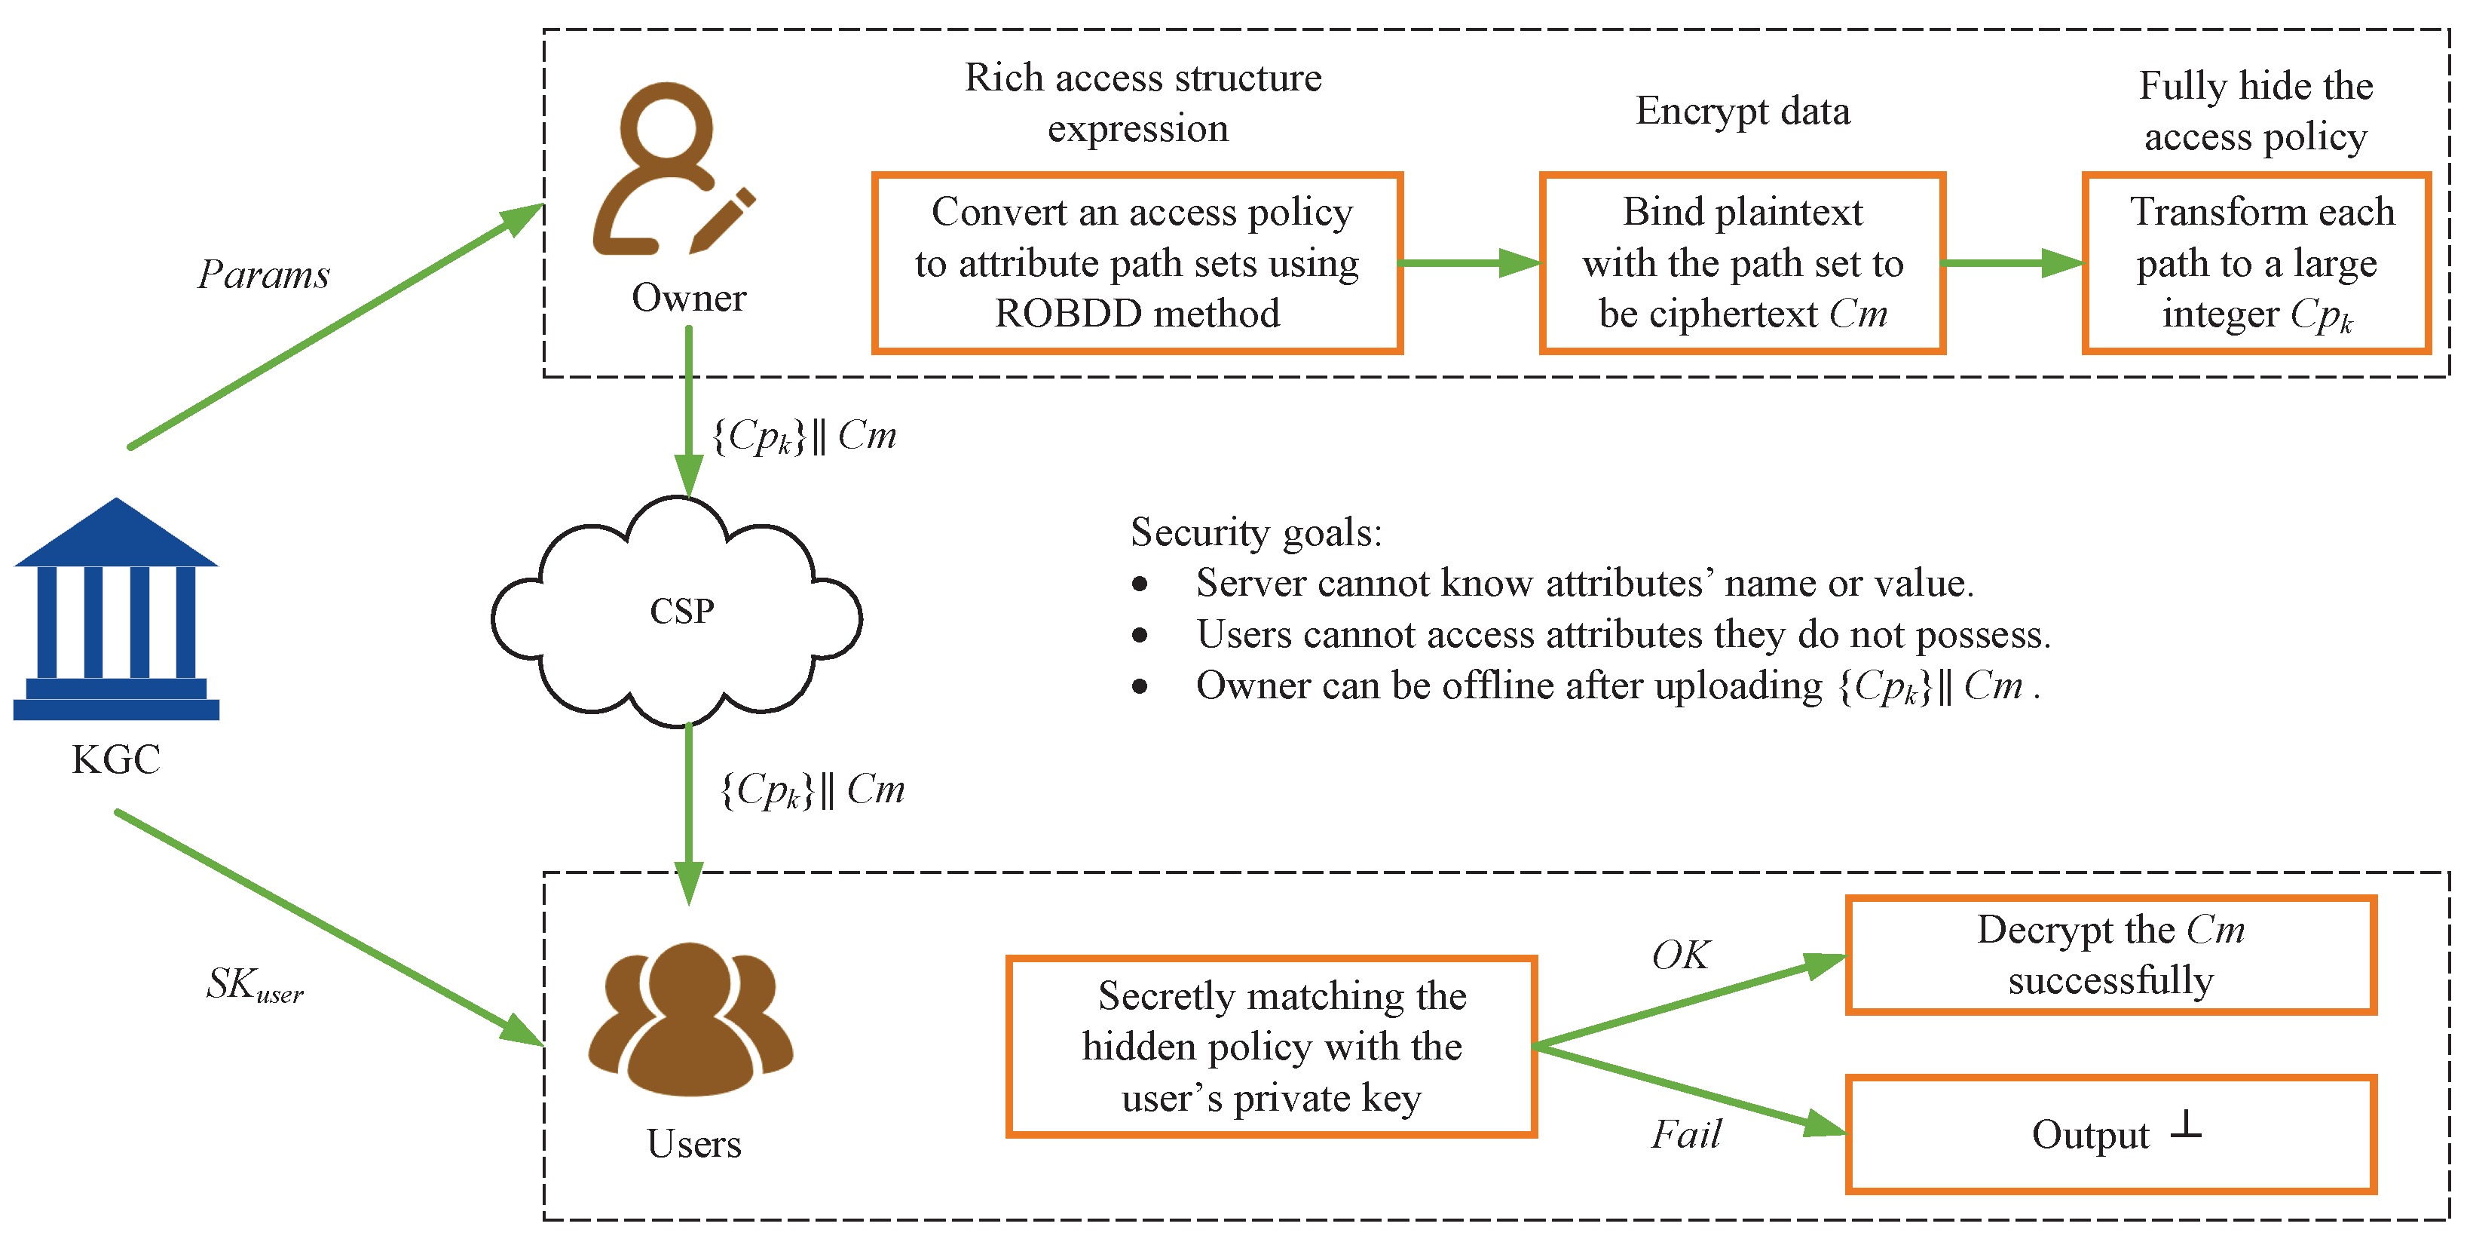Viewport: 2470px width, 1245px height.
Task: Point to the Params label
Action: tap(264, 275)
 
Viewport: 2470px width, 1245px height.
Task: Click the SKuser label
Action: tap(254, 985)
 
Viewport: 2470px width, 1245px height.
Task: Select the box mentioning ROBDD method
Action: tap(1137, 263)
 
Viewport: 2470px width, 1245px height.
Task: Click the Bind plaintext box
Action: tap(1742, 263)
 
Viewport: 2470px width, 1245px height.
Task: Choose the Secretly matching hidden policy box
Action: tap(1272, 1047)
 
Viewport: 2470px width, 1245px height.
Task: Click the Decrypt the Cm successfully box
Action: tap(2110, 955)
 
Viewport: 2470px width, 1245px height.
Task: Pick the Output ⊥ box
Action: tap(2110, 1135)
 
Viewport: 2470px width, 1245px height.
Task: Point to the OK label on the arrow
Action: tap(1680, 955)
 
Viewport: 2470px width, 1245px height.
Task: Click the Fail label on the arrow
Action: tap(1685, 1135)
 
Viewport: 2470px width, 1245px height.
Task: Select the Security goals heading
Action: tap(1256, 532)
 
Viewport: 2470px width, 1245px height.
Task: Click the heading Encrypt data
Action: tap(1742, 112)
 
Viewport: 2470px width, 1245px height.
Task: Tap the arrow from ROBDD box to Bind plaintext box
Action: tap(1471, 263)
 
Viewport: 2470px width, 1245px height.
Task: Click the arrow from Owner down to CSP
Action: tap(688, 412)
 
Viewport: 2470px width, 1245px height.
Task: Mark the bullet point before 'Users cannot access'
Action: tap(1139, 635)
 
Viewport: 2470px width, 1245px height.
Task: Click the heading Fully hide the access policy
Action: tap(2255, 112)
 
